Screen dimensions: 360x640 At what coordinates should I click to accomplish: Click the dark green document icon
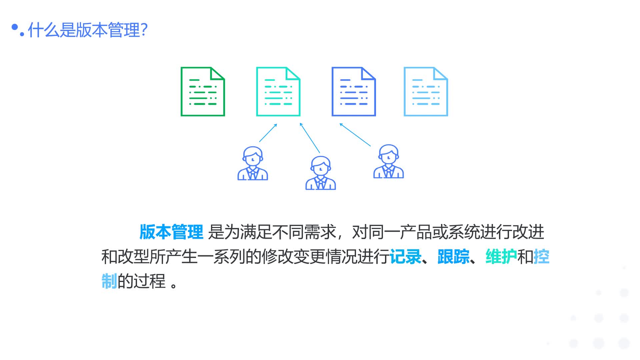[x=203, y=92]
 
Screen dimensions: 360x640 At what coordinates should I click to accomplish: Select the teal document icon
[x=278, y=92]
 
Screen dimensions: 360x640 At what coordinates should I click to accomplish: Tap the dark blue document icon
[x=354, y=92]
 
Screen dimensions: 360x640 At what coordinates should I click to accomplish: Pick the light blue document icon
[x=426, y=92]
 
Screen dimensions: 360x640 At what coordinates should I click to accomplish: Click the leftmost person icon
[x=253, y=164]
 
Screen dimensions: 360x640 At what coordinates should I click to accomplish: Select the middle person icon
[x=321, y=173]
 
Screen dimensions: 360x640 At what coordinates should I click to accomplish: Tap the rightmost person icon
[x=388, y=162]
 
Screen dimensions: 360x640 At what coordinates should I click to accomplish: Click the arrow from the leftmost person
[x=268, y=133]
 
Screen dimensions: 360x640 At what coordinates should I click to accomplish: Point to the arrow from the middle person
[x=310, y=138]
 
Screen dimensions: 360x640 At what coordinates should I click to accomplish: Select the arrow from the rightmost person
[x=355, y=135]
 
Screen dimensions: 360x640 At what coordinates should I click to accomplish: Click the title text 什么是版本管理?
[x=87, y=30]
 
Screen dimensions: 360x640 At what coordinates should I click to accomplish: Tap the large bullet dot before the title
[x=15, y=27]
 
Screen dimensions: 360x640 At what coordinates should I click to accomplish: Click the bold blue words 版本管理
[x=171, y=232]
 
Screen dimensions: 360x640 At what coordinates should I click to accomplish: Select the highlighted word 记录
[x=405, y=257]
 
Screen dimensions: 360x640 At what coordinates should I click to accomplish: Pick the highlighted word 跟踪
[x=453, y=257]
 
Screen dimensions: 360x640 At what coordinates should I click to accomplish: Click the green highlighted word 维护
[x=501, y=257]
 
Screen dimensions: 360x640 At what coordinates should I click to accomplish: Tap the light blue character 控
[x=541, y=257]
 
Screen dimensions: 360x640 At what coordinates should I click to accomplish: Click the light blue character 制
[x=109, y=281]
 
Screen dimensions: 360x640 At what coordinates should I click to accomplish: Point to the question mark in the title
[x=144, y=30]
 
